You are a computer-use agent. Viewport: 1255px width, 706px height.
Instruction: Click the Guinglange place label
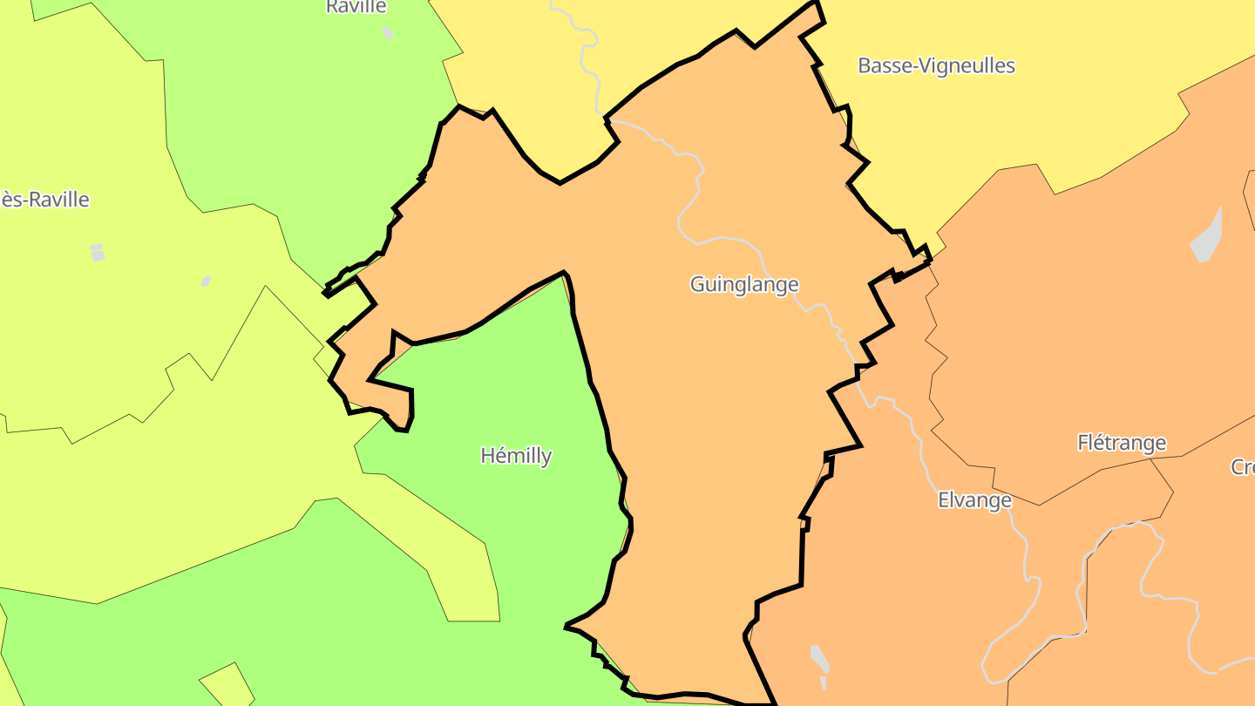click(x=743, y=284)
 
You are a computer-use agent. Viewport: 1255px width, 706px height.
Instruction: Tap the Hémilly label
click(x=516, y=455)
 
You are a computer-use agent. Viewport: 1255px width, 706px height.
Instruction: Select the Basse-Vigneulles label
click(x=936, y=65)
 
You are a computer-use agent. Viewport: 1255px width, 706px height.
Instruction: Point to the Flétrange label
click(x=1122, y=443)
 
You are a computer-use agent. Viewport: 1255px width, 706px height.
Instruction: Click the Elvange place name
click(x=974, y=500)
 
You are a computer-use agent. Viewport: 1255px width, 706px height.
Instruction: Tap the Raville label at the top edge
click(x=356, y=7)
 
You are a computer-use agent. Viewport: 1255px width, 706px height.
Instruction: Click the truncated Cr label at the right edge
click(x=1243, y=467)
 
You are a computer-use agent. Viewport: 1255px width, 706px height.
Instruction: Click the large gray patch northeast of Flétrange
click(x=1207, y=237)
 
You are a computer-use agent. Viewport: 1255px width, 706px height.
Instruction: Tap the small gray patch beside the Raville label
click(x=387, y=32)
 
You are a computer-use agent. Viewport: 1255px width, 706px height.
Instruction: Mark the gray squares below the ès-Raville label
click(x=97, y=252)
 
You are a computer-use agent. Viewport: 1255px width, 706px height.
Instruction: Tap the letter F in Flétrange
click(x=1083, y=443)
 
